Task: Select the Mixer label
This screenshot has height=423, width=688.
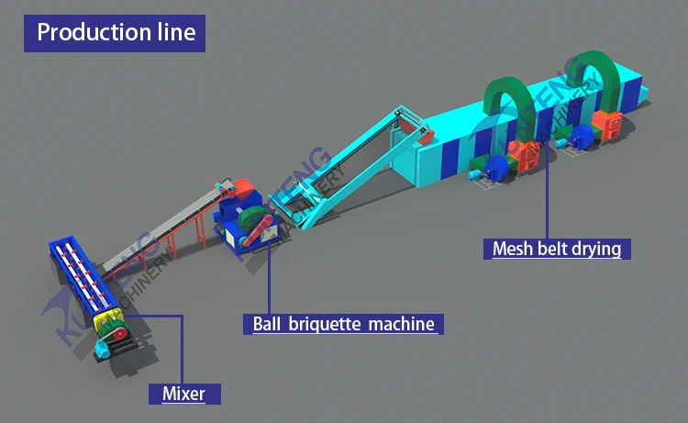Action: coord(183,395)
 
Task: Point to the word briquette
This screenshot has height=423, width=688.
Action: coord(323,324)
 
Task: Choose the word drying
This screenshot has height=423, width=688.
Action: coord(599,249)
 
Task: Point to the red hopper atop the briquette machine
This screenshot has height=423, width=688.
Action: coord(243,188)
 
